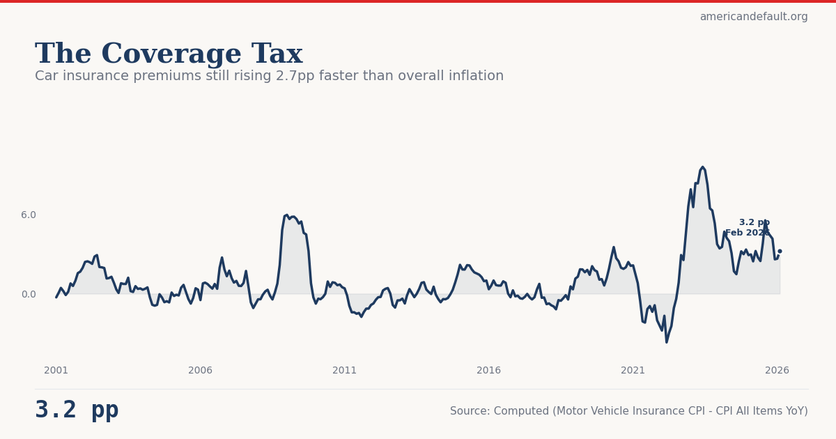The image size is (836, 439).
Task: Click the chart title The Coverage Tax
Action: click(169, 54)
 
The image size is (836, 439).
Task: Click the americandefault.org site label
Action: click(753, 17)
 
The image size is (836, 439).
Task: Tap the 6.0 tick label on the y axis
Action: click(28, 215)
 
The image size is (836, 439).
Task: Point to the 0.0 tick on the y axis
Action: click(28, 295)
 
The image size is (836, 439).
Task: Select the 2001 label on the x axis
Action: click(56, 371)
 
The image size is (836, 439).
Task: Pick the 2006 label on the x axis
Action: click(201, 371)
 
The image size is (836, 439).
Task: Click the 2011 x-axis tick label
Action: click(345, 371)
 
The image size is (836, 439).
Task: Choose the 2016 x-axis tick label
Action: click(489, 371)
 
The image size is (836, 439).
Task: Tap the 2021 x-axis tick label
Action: click(633, 371)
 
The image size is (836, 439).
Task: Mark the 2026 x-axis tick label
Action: click(777, 371)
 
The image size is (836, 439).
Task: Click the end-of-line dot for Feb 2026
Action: click(780, 251)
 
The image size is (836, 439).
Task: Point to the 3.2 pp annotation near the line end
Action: click(754, 223)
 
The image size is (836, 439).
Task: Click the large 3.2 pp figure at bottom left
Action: click(77, 410)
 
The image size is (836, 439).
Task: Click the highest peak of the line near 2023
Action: click(703, 167)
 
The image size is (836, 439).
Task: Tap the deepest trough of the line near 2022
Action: click(666, 342)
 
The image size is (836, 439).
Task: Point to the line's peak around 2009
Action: click(286, 215)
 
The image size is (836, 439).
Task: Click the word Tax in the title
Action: click(277, 54)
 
